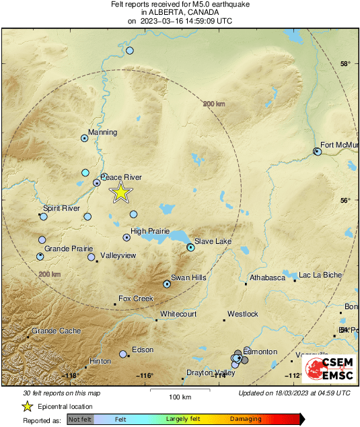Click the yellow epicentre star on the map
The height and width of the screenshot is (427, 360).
(x=120, y=192)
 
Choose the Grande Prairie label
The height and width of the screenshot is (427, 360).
(x=67, y=249)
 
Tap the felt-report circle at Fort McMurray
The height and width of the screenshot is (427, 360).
(x=318, y=152)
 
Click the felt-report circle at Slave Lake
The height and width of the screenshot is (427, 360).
(x=190, y=248)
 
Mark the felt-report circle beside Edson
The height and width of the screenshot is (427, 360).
(x=123, y=354)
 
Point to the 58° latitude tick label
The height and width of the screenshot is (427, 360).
(x=345, y=65)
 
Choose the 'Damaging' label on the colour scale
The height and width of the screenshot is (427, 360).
(x=246, y=419)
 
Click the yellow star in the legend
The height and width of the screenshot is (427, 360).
(x=27, y=406)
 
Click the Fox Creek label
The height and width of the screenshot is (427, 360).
(x=136, y=298)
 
